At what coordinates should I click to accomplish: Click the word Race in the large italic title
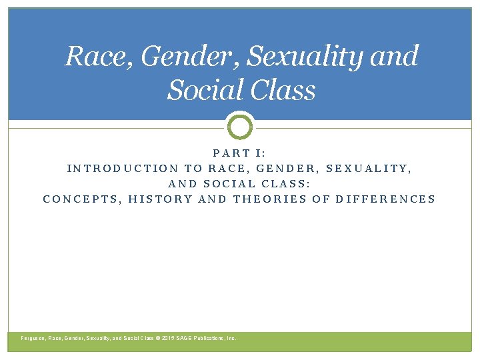click(x=93, y=57)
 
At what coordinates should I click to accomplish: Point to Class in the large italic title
click(x=283, y=90)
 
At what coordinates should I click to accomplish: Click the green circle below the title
click(x=240, y=126)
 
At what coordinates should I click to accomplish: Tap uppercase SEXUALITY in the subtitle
click(x=369, y=169)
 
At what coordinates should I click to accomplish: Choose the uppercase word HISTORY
click(x=161, y=199)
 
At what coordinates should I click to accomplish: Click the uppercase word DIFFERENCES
click(x=386, y=199)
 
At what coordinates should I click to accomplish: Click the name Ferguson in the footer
click(x=34, y=339)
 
